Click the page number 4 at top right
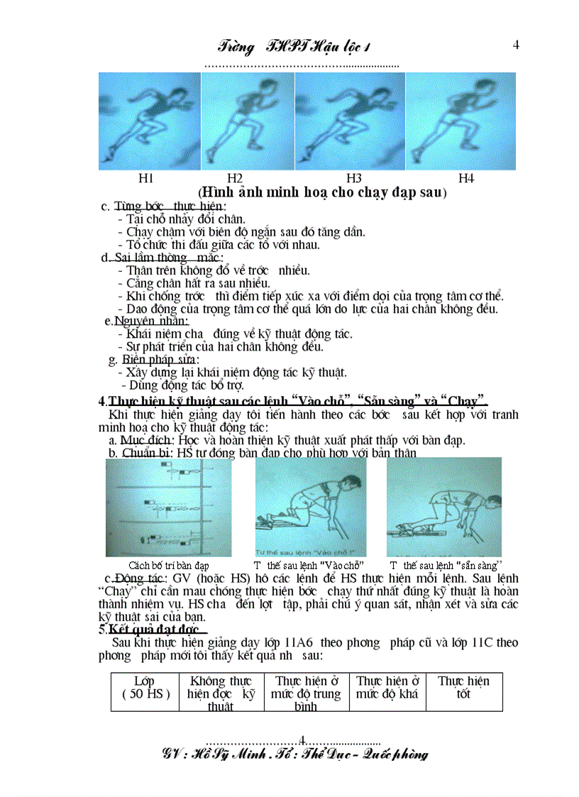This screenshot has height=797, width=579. [516, 45]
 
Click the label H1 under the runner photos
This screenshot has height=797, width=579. [145, 178]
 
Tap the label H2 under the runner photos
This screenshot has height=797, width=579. [235, 178]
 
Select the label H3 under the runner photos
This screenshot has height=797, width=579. [354, 178]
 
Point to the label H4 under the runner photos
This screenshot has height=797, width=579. [465, 178]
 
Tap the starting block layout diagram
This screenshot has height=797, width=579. [168, 507]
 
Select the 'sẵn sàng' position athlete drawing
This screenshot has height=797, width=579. [443, 507]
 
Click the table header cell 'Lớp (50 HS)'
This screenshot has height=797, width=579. [145, 688]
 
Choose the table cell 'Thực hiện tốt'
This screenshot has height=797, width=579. [463, 687]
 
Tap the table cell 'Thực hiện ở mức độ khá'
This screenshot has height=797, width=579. [387, 687]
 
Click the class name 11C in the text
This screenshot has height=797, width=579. [481, 642]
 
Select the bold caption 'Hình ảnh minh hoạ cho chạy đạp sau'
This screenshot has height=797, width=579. [322, 192]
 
